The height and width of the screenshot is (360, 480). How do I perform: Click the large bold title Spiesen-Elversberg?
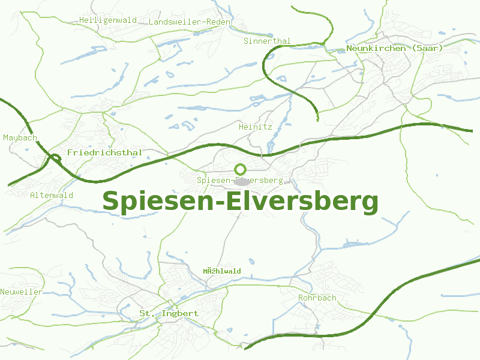[x=240, y=202]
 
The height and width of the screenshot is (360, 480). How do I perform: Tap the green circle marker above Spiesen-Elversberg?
[x=240, y=169]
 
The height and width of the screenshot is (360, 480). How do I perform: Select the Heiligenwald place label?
[x=108, y=20]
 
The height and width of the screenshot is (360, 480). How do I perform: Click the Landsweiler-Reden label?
[x=189, y=22]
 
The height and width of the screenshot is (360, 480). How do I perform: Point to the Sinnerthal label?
[x=267, y=41]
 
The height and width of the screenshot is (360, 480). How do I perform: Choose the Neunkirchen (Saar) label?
[x=394, y=48]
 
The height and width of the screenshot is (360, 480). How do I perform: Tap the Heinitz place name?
[x=256, y=127]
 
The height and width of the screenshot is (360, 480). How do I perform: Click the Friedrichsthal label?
[x=104, y=152]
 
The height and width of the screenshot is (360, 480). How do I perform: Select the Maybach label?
[x=20, y=138]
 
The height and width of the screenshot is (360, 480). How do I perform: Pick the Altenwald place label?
[x=52, y=196]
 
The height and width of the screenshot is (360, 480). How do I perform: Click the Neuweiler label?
[x=22, y=292]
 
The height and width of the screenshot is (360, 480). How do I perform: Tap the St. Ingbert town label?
[x=169, y=314]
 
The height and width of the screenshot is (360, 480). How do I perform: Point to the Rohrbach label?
[x=317, y=298]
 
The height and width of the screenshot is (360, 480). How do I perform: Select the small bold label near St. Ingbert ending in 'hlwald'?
[x=221, y=271]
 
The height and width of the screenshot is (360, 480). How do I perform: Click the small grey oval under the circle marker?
[x=243, y=181]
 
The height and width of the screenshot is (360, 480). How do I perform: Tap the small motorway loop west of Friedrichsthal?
[x=55, y=158]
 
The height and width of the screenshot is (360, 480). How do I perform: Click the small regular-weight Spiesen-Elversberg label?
[x=240, y=181]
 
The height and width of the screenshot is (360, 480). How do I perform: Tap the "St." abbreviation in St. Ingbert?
[x=146, y=314]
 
